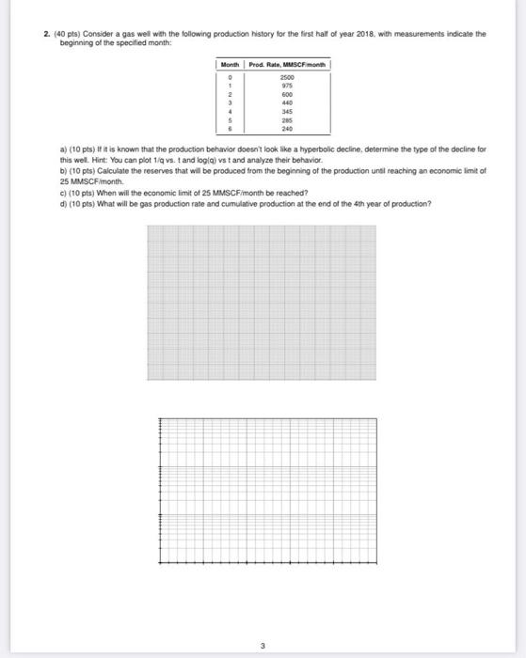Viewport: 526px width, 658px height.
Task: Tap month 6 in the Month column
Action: pos(230,128)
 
